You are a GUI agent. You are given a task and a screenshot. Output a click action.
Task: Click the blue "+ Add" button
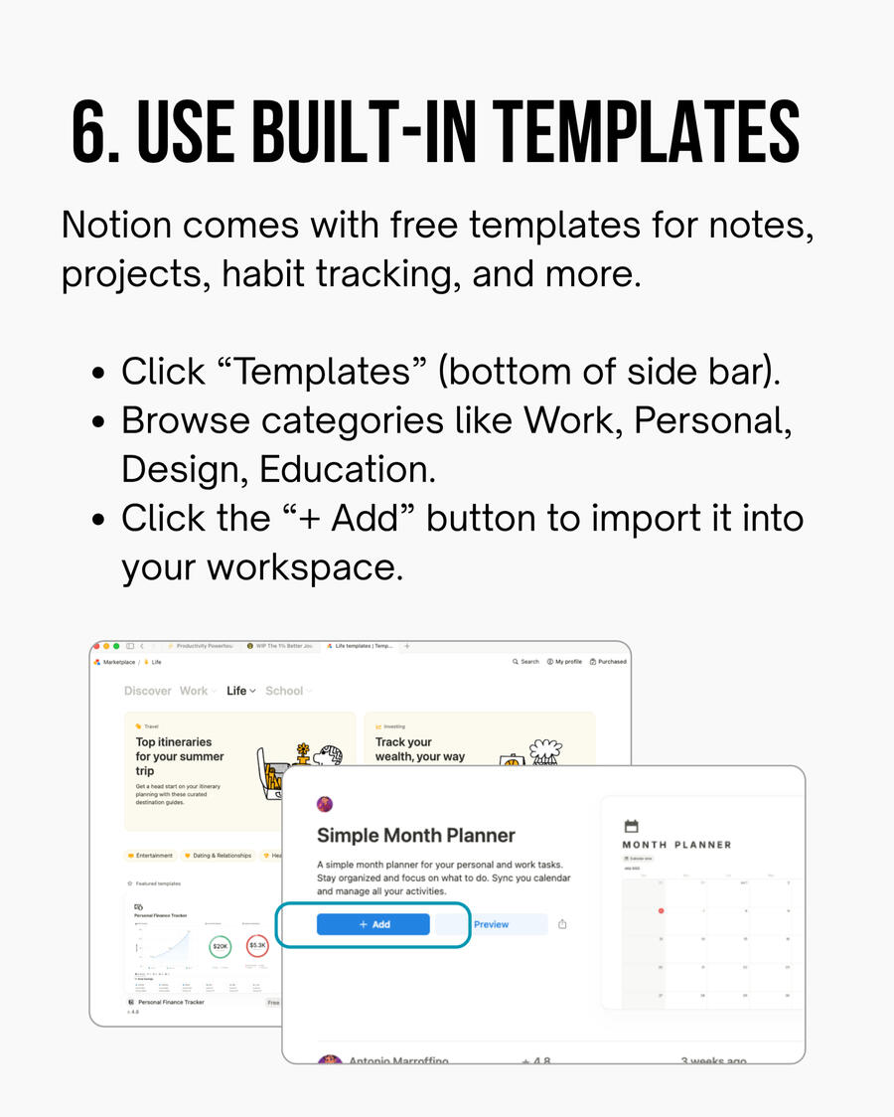pyautogui.click(x=373, y=924)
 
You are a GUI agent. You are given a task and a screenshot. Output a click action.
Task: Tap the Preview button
pyautogui.click(x=492, y=924)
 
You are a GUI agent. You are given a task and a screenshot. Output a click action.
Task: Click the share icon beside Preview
pyautogui.click(x=562, y=924)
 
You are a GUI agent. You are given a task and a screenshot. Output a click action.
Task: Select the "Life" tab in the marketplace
pyautogui.click(x=237, y=691)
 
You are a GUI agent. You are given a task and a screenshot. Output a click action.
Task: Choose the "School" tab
pyautogui.click(x=285, y=691)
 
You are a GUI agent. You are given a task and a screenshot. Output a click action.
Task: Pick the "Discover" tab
pyautogui.click(x=148, y=691)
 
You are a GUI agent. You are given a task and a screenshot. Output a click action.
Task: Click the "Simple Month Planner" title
pyautogui.click(x=416, y=835)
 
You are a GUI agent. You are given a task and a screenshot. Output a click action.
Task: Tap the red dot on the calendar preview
pyautogui.click(x=661, y=910)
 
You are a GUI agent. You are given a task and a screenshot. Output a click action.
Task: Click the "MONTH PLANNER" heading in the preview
pyautogui.click(x=676, y=845)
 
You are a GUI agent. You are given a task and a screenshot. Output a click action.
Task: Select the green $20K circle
pyautogui.click(x=221, y=947)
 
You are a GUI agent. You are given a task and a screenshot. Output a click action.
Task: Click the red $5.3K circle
pyautogui.click(x=258, y=945)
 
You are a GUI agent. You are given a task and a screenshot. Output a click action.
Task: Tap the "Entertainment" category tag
pyautogui.click(x=151, y=856)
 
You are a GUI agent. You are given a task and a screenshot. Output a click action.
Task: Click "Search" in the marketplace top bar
pyautogui.click(x=526, y=661)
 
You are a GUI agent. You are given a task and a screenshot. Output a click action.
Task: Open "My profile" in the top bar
pyautogui.click(x=565, y=661)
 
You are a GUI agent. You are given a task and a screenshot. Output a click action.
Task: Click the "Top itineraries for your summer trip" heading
pyautogui.click(x=180, y=756)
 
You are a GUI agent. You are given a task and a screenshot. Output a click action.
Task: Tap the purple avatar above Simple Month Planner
pyautogui.click(x=325, y=804)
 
